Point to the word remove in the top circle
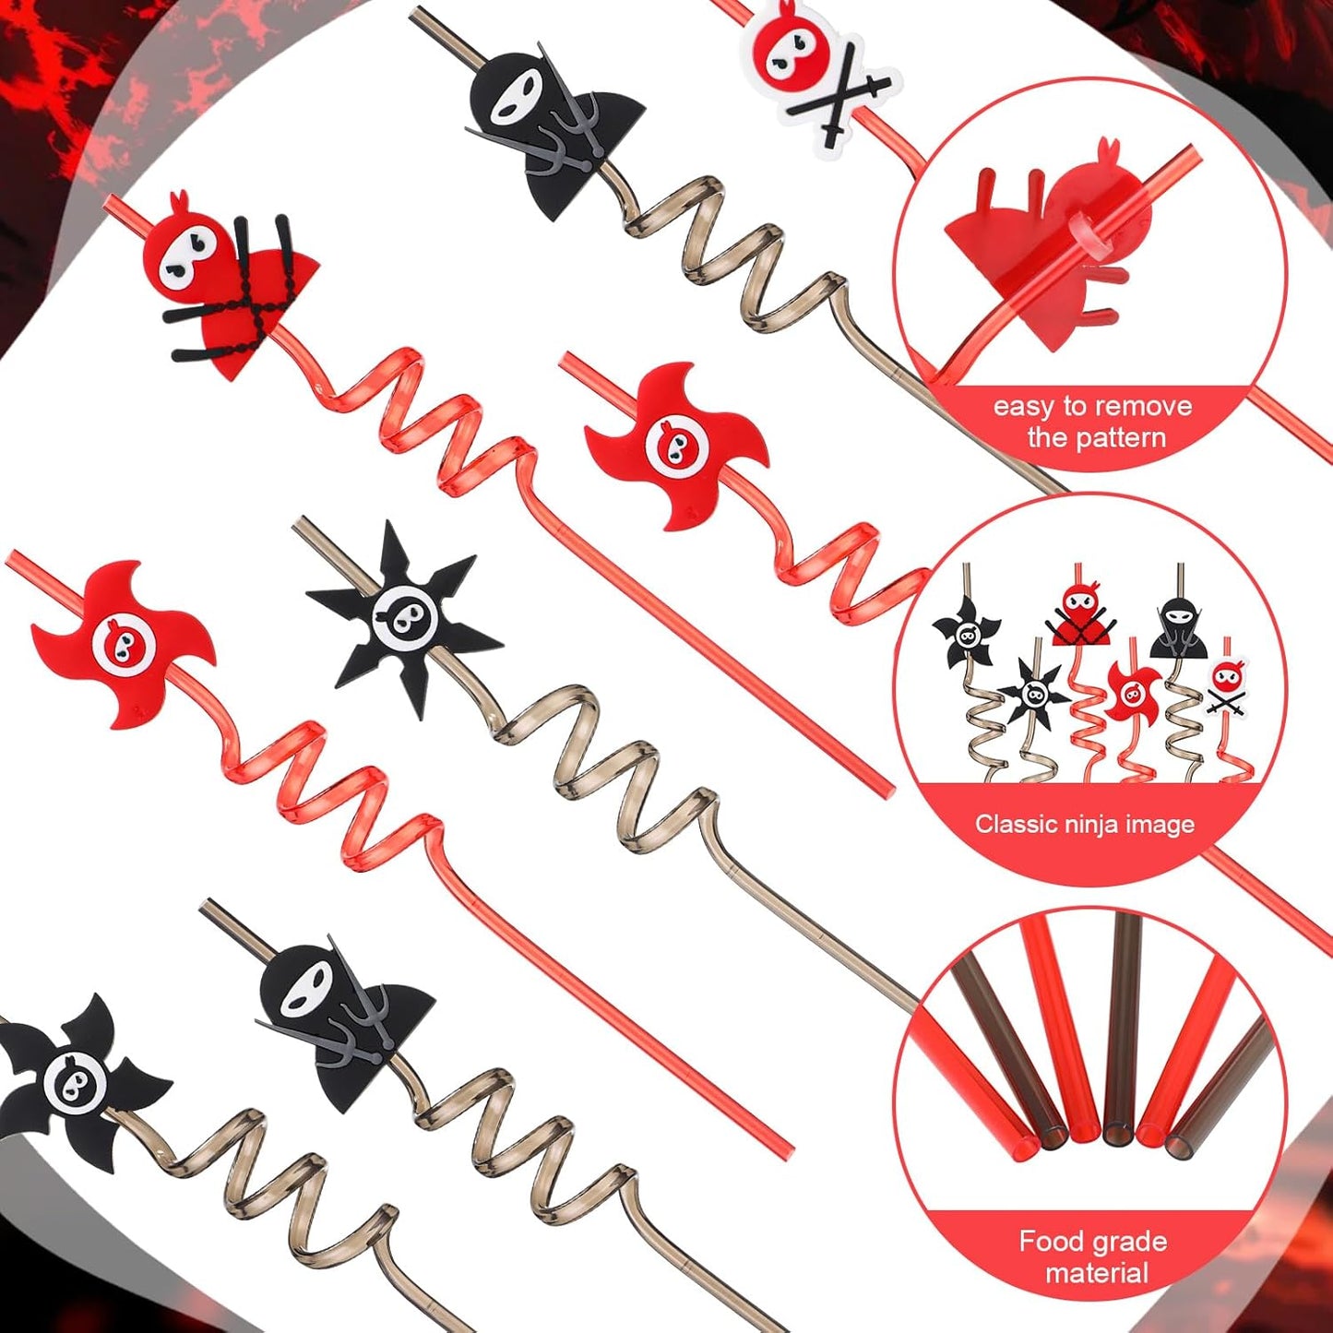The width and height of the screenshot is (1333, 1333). point(1143,406)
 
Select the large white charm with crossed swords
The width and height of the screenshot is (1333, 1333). point(812,69)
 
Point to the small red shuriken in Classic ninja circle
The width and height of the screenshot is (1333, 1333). point(1133,693)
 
